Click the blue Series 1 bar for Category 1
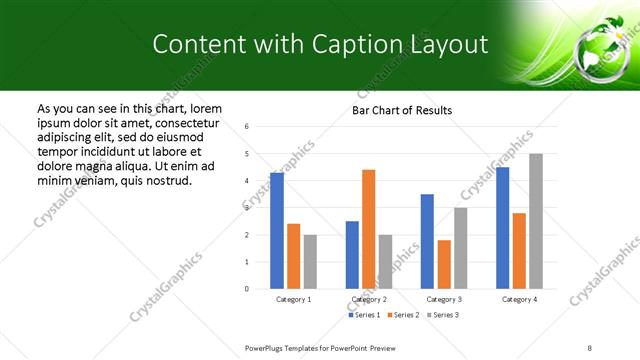coord(277,231)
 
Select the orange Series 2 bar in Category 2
coord(369,229)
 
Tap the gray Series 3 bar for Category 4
coord(536,221)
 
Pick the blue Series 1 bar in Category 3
coord(427,241)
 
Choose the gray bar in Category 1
coord(310,262)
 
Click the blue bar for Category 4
coord(502,228)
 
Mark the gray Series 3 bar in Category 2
coord(386,262)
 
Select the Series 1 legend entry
coord(365,315)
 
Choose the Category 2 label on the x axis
coord(369,299)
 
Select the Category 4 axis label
coord(519,299)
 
